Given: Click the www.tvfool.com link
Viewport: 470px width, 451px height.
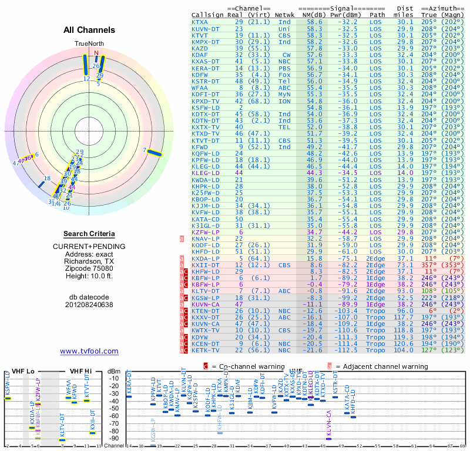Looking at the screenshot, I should (89, 351).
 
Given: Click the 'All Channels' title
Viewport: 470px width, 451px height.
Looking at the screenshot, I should (89, 30).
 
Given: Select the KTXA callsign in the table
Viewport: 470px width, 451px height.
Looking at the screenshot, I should (200, 22).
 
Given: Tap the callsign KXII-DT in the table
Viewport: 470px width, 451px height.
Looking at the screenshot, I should (205, 265).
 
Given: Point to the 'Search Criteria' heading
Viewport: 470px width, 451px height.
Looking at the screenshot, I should (89, 234).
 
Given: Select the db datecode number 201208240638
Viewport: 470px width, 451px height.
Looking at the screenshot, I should (89, 304).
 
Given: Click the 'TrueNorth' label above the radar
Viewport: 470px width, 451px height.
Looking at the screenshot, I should (89, 44).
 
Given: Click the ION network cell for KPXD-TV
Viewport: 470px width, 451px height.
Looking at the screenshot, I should (284, 101).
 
